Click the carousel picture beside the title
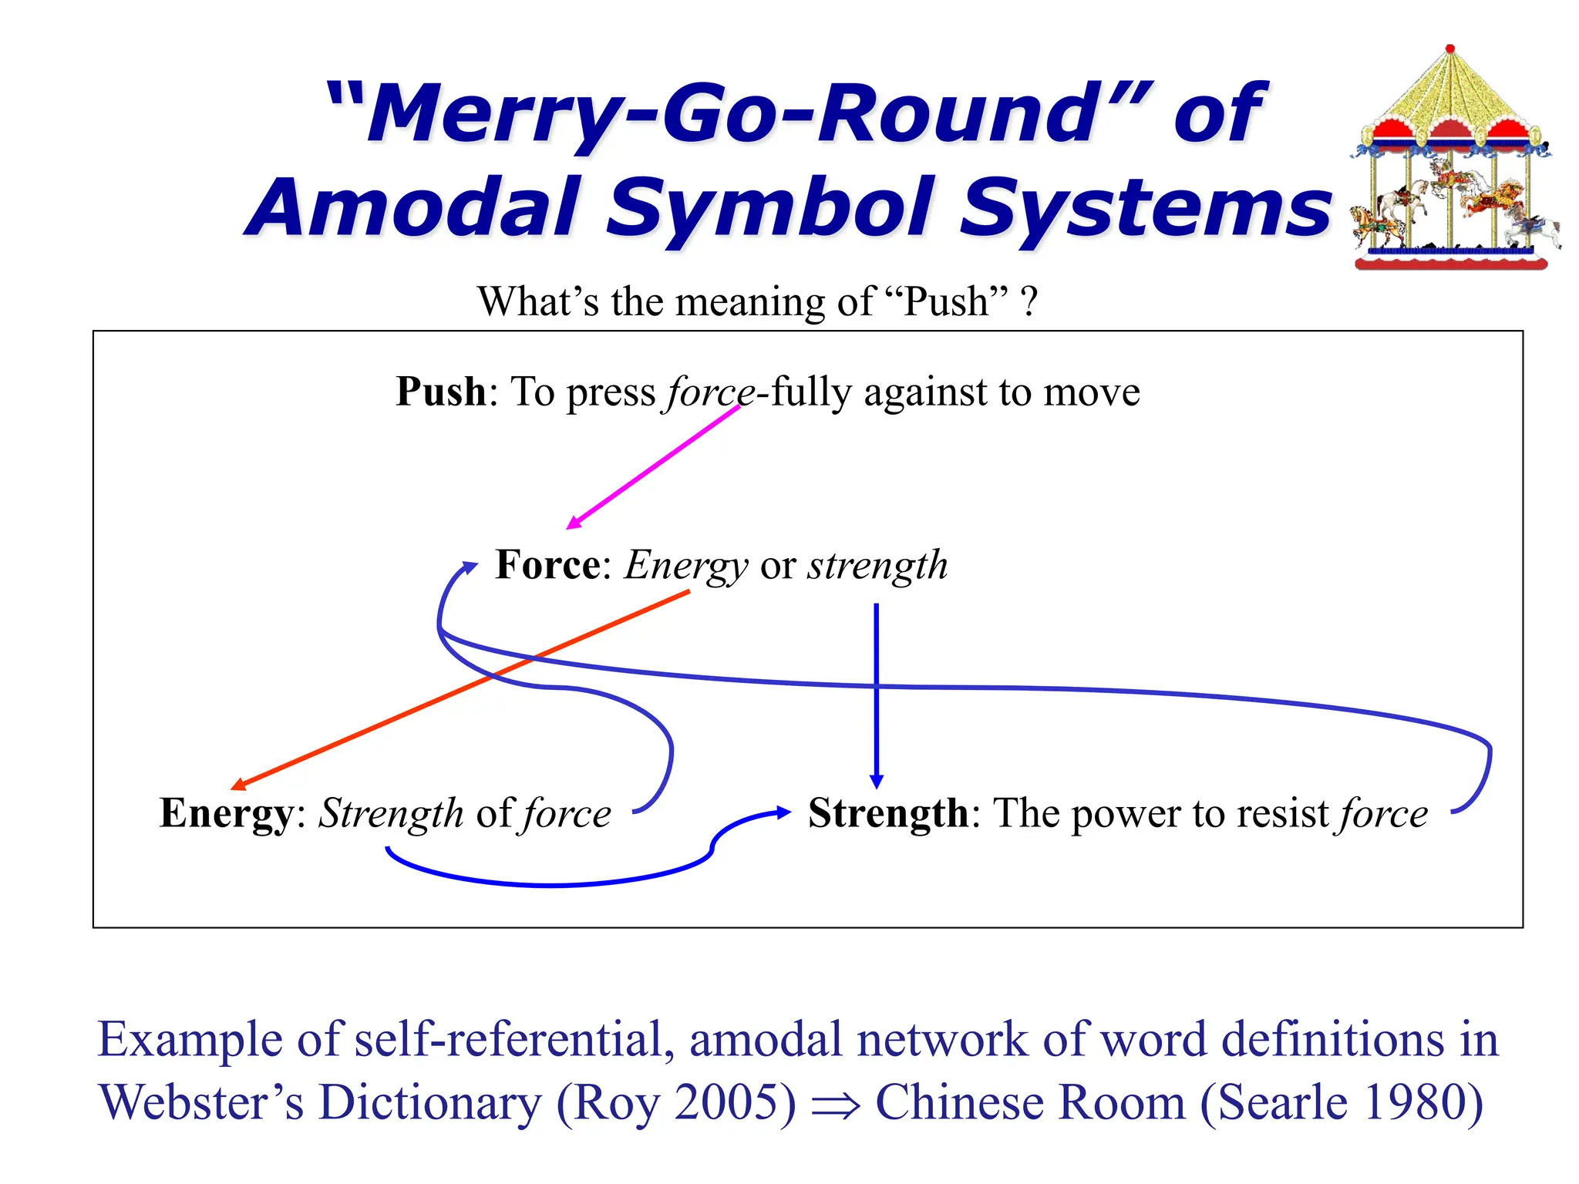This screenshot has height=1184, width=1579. pos(1453,162)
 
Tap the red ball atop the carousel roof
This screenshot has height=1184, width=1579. pos(1450,49)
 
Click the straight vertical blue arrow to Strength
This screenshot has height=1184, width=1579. pos(876,694)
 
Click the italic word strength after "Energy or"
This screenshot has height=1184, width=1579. pos(877,566)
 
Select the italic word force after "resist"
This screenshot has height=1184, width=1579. pos(1384,814)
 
